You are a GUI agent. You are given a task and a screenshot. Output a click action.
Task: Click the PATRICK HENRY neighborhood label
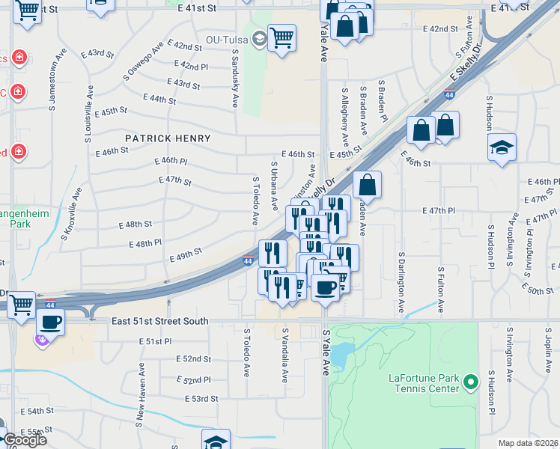click(168, 138)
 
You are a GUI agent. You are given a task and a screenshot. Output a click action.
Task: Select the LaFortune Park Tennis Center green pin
click(470, 382)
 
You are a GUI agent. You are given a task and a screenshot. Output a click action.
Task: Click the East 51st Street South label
click(161, 321)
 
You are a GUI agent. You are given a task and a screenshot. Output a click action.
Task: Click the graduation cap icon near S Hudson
click(502, 146)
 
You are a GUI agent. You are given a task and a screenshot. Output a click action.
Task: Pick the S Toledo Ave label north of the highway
click(255, 201)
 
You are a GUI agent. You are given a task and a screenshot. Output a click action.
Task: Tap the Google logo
click(25, 440)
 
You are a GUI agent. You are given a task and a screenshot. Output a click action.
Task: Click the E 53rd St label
click(203, 399)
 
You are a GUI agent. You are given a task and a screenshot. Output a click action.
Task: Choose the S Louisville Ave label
click(88, 112)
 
